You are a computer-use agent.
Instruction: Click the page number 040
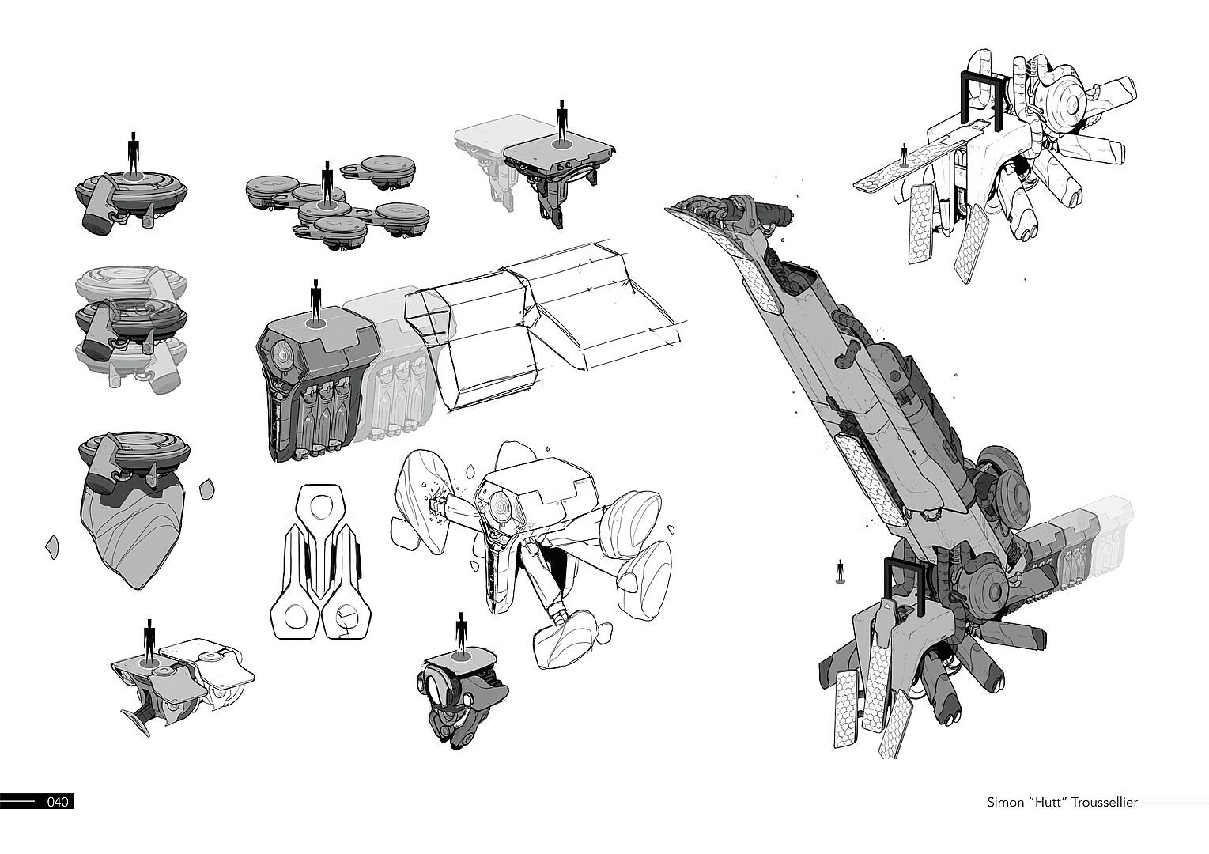pos(59,802)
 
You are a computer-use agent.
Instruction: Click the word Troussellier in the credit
pos(1105,802)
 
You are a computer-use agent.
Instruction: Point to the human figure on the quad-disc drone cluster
pos(326,183)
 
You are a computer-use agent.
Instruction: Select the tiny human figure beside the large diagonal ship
pos(840,572)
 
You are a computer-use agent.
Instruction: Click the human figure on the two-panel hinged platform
pos(149,642)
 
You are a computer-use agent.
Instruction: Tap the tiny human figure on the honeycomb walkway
pos(904,155)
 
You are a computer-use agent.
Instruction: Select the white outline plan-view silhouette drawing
pos(320,561)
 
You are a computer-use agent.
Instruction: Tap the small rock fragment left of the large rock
pos(52,546)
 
